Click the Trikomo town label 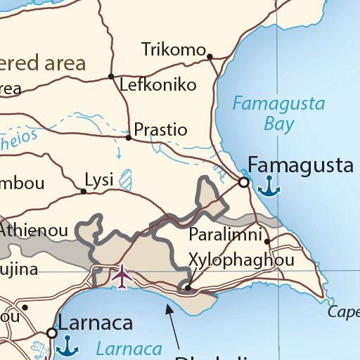coord(172,50)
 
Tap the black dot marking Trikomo coord(209,55)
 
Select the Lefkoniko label coord(157,85)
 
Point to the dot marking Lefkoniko coord(111,76)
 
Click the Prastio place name coord(160,130)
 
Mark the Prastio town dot coord(128,138)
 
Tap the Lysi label coord(98,180)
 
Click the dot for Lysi coord(84,191)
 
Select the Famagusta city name coord(300,166)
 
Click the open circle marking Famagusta coord(243,182)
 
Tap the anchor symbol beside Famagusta coord(268,186)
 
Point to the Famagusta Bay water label coord(279,115)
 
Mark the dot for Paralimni coord(267,241)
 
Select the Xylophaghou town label coord(241,261)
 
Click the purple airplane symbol coord(122,276)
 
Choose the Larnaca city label coord(95,324)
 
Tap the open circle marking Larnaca coord(51,333)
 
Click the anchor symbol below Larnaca coord(67,345)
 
